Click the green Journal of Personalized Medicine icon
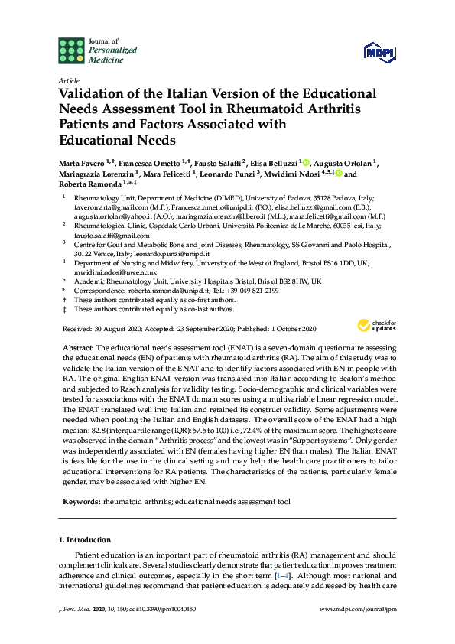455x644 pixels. pos(72,50)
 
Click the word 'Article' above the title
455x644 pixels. pos(69,80)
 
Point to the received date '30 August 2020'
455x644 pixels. pos(118,329)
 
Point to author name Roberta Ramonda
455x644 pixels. pos(92,184)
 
